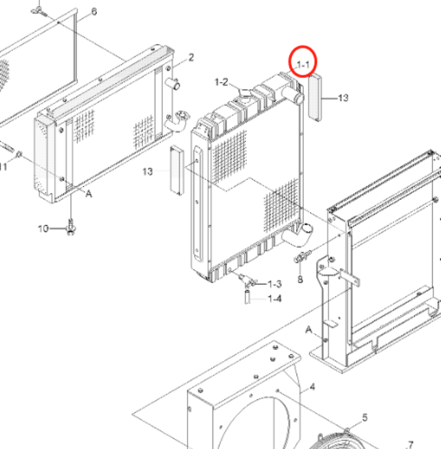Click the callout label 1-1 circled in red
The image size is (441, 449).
click(x=305, y=66)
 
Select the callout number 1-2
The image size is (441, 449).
click(x=221, y=82)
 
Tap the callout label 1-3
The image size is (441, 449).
click(x=275, y=284)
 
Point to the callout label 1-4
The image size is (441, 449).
click(x=275, y=299)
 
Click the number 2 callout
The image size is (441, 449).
click(x=191, y=57)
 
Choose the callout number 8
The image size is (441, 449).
click(x=300, y=279)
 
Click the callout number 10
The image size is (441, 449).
click(x=44, y=228)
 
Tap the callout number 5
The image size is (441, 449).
click(x=364, y=418)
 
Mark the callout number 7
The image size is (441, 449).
click(x=410, y=444)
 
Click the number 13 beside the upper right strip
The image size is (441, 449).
click(x=343, y=98)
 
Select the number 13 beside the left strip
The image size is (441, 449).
click(x=147, y=172)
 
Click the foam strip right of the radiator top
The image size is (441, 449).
click(x=316, y=97)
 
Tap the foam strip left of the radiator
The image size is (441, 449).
click(x=176, y=169)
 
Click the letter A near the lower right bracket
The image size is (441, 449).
click(x=309, y=329)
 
